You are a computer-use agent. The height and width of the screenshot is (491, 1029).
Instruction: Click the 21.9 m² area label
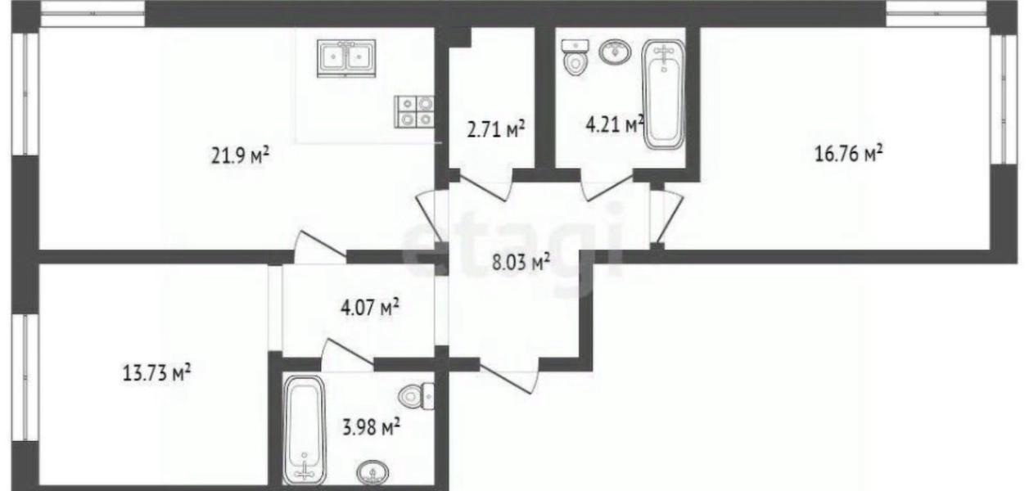[x=240, y=155]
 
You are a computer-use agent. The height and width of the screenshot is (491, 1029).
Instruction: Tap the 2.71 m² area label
[x=495, y=129]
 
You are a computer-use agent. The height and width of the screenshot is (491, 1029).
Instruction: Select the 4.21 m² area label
[x=615, y=124]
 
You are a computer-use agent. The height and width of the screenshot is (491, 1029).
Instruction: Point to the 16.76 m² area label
[x=849, y=153]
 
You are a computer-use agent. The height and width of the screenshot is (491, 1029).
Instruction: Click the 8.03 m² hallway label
[x=521, y=263]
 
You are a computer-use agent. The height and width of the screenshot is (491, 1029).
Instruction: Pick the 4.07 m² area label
[x=370, y=307]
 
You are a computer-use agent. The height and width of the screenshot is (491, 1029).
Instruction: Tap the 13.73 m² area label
[x=156, y=373]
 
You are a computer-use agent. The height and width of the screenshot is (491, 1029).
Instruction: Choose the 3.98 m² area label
[x=371, y=427]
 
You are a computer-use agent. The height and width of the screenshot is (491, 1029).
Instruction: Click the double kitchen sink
[x=346, y=58]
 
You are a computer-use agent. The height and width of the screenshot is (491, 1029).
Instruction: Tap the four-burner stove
[x=413, y=111]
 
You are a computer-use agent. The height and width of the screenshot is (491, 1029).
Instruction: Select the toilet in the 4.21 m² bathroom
[x=575, y=57]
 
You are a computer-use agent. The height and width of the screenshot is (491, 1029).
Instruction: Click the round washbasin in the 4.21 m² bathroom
[x=615, y=51]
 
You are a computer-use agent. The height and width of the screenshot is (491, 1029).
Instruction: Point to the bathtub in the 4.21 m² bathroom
[x=663, y=94]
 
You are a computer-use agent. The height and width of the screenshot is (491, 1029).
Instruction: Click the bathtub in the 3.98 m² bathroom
[x=304, y=430]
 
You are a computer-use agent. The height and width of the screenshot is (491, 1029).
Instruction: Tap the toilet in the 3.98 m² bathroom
[x=416, y=396]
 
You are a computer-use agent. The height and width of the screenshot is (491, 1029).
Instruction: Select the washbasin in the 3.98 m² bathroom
[x=372, y=473]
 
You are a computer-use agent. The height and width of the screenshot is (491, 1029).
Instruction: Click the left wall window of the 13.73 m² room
[x=25, y=377]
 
